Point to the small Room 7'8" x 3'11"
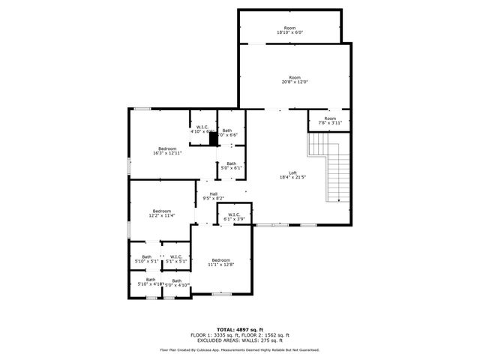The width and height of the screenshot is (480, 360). coord(330,121)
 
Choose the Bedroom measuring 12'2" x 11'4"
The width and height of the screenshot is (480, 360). coord(162,213)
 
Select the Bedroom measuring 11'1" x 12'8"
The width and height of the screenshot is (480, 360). coord(220,262)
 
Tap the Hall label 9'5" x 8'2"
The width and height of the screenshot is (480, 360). coord(214,196)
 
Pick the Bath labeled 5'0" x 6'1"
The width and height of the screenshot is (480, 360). coord(232,166)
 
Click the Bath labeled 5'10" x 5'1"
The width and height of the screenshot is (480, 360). coord(146,259)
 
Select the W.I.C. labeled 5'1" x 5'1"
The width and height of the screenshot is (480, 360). coord(176,259)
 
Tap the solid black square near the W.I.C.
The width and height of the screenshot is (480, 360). coord(213,138)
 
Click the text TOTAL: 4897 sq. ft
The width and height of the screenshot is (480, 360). coord(239,329)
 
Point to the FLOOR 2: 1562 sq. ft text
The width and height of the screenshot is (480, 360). coord(267,334)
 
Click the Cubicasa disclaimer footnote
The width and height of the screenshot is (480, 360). coord(239,349)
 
